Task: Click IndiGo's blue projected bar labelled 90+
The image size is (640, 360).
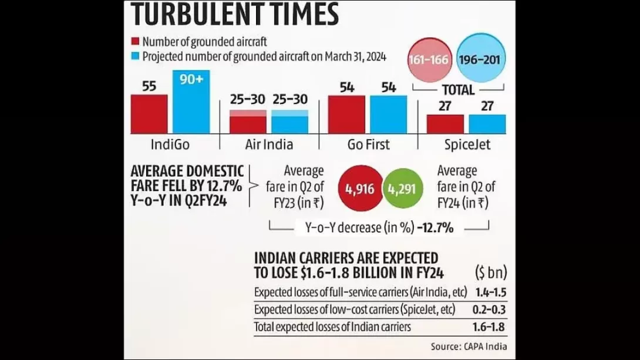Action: pos(191,103)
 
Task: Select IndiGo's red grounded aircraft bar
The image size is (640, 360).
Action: pos(149,114)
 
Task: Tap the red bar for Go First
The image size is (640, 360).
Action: pos(346,115)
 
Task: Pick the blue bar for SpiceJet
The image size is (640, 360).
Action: pos(487,124)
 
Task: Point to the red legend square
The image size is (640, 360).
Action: pos(135,42)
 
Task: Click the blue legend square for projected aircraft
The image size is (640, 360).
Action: pos(135,56)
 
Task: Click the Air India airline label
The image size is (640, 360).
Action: pos(268,144)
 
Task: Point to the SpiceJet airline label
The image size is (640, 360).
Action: pos(467,144)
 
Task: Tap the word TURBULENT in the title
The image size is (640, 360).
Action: pos(191,14)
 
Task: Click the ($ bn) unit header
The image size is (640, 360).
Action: pos(490,273)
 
